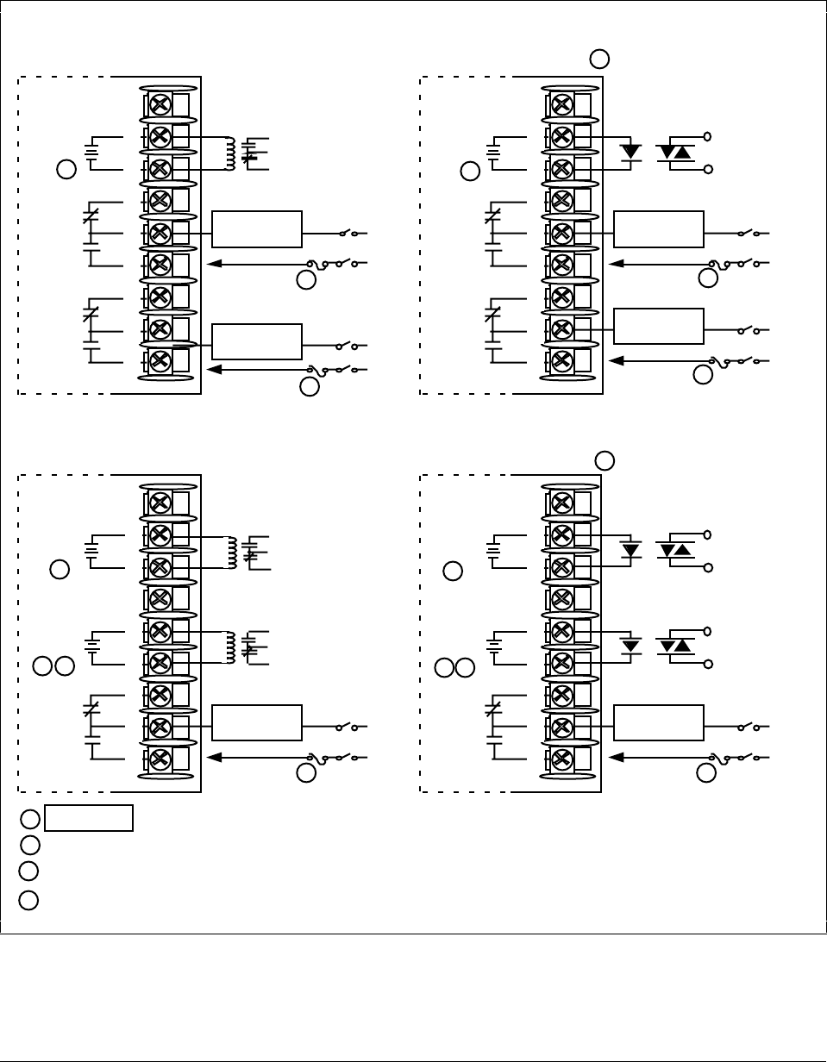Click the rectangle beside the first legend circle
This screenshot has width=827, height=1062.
[89, 818]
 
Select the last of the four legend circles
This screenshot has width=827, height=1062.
[28, 901]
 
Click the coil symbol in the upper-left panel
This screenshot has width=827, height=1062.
[230, 153]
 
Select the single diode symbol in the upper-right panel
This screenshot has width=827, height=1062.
[632, 152]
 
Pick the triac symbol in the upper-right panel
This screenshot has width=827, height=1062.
[675, 152]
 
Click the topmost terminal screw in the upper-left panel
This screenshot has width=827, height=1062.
[160, 105]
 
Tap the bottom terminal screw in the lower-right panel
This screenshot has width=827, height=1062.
[562, 759]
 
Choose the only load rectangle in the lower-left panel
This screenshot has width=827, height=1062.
[257, 722]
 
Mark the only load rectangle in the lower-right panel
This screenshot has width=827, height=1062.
[659, 722]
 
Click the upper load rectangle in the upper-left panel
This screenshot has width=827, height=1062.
[257, 228]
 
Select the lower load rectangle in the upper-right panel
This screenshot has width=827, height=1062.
[659, 326]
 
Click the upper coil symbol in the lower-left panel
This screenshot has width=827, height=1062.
[230, 553]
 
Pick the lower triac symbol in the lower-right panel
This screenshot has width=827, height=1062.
[675, 645]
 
